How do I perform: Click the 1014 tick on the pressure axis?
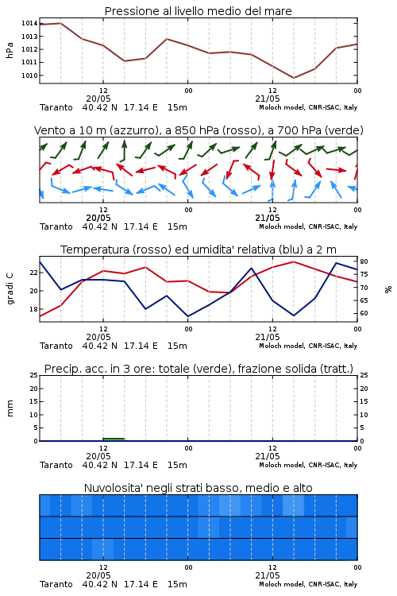click(x=29, y=24)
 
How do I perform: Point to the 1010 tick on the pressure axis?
click(x=29, y=75)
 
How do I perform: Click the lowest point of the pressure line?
click(x=293, y=78)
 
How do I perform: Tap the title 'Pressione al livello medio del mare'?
click(x=198, y=11)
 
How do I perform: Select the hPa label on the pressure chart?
click(x=10, y=50)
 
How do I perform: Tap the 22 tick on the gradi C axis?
click(x=33, y=273)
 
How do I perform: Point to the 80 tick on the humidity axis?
click(x=364, y=261)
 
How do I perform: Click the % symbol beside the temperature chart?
click(x=388, y=289)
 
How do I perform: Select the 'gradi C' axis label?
click(x=10, y=288)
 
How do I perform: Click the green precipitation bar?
click(x=114, y=439)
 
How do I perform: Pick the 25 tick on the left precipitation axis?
click(x=33, y=375)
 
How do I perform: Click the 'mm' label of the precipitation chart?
click(x=10, y=408)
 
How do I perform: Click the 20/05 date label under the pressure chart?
click(x=98, y=99)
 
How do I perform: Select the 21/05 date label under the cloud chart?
click(x=268, y=575)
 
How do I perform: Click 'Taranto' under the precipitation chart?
click(x=56, y=465)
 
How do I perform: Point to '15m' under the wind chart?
click(x=177, y=226)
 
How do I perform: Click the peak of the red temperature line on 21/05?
click(x=293, y=261)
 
